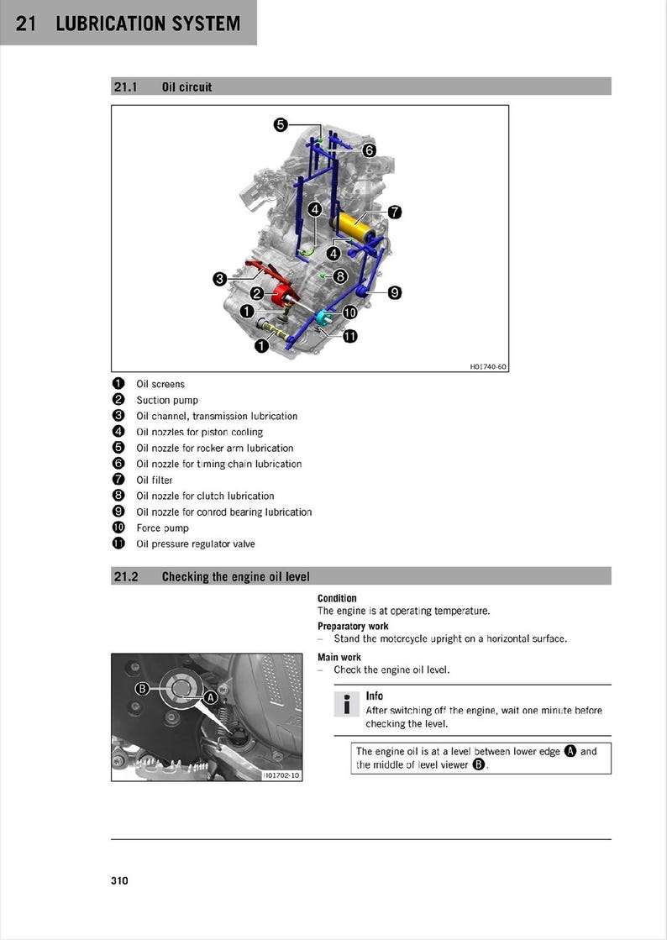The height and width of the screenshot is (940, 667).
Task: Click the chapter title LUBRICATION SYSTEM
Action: pos(148,24)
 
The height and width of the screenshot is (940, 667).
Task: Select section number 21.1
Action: pos(125,87)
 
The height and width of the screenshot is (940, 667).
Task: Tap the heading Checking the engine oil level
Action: pos(235,576)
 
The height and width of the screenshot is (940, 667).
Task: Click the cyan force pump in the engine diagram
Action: pos(324,318)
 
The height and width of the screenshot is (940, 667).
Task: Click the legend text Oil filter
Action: pos(155,480)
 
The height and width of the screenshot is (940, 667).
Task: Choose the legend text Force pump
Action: pos(162,528)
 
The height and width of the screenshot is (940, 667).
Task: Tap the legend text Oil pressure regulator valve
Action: pos(196,544)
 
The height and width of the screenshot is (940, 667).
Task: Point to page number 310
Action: pos(119,880)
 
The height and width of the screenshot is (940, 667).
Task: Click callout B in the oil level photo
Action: pos(143,689)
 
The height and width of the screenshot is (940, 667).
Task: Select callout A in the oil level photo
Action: pos(211,697)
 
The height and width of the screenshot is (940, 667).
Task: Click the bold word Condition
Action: pos(337,598)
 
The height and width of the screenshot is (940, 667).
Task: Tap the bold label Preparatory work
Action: pos(353,626)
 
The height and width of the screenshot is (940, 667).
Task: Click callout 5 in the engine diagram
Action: pos(281,125)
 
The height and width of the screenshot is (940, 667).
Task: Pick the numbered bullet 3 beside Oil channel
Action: pos(118,416)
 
